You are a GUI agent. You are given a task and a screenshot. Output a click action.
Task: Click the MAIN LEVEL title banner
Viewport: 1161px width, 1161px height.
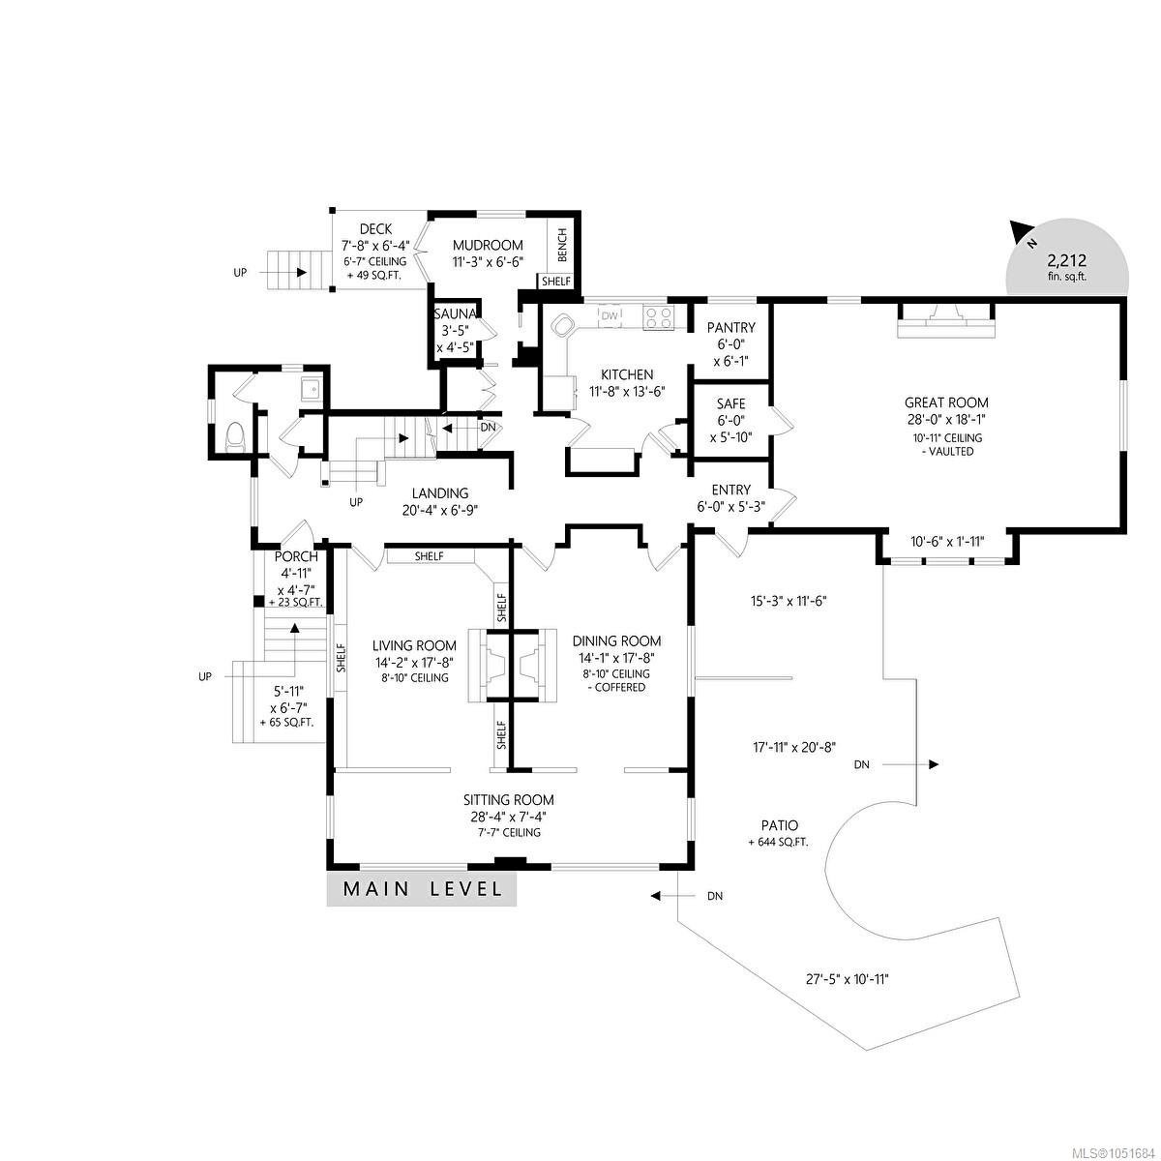click(421, 889)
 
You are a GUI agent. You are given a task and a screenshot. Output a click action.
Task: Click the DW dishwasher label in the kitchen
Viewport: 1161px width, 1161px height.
click(610, 315)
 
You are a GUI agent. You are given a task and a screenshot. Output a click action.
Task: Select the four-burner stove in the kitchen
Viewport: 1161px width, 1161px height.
click(658, 317)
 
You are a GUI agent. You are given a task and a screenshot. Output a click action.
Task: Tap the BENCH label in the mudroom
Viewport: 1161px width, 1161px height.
click(562, 245)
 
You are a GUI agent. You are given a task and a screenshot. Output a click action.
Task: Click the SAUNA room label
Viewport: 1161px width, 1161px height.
click(455, 313)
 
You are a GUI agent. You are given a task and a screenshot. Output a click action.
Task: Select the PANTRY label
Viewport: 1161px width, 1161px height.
click(730, 327)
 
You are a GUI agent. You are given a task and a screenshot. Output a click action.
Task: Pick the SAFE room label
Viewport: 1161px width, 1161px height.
click(730, 403)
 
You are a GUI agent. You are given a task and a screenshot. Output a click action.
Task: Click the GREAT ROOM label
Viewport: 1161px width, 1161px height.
click(946, 402)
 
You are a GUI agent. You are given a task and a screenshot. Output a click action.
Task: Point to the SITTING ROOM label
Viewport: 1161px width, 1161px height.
click(509, 800)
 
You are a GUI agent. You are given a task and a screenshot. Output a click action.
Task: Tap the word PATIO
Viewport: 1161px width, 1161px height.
click(779, 826)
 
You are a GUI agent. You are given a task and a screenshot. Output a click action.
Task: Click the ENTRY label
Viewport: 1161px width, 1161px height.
click(730, 490)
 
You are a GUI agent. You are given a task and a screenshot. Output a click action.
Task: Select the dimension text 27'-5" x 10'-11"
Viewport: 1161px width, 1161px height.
click(848, 979)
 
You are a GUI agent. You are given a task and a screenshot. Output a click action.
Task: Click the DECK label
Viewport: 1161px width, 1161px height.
click(375, 229)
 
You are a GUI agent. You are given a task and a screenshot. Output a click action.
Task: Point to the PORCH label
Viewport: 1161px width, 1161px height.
click(296, 556)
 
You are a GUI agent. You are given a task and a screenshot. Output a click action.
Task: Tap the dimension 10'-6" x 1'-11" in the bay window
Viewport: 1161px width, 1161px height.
click(947, 542)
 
